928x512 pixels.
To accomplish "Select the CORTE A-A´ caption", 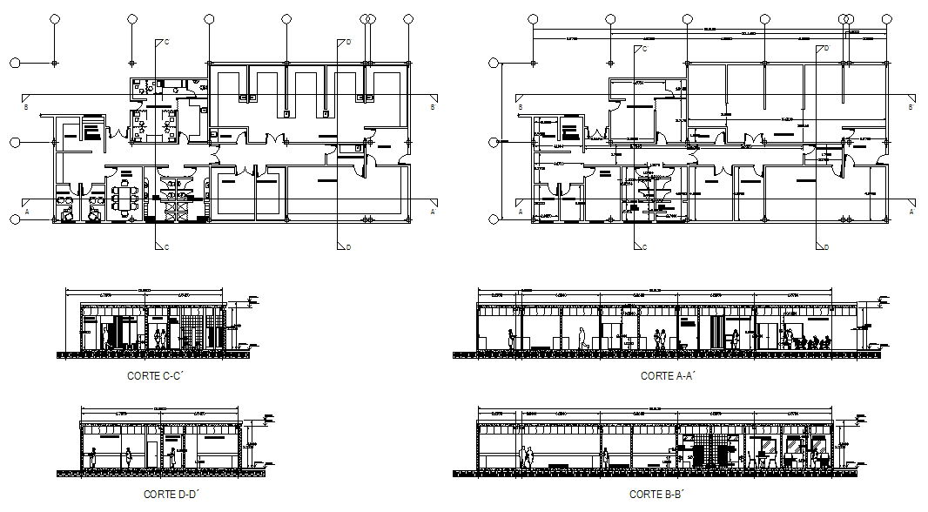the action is [x=666, y=376].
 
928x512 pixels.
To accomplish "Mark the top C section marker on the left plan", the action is [x=164, y=42].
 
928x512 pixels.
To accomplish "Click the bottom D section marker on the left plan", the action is [x=346, y=247].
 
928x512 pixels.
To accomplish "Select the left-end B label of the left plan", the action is [x=27, y=107].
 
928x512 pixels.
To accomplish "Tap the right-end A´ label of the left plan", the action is [x=433, y=212].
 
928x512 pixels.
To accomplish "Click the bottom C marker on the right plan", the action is [x=643, y=247].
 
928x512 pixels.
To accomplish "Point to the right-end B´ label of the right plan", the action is [x=911, y=107].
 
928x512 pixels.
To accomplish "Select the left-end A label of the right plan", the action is [x=520, y=212].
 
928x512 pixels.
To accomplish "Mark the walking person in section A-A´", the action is [x=583, y=338].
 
